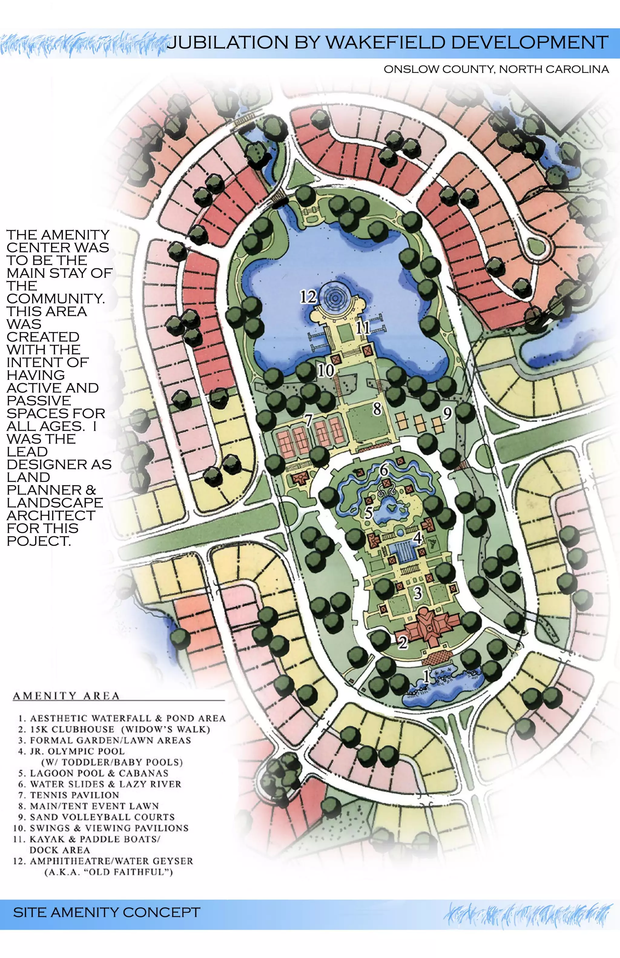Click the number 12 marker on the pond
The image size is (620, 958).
click(308, 297)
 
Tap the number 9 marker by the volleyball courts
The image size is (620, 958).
click(447, 413)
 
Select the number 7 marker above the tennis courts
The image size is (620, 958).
click(308, 421)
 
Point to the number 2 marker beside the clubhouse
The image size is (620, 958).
click(403, 643)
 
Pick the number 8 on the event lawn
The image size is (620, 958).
click(377, 409)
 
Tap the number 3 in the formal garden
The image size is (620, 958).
click(418, 592)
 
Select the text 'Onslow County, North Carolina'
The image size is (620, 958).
click(496, 69)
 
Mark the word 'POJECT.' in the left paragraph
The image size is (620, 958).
click(39, 541)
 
